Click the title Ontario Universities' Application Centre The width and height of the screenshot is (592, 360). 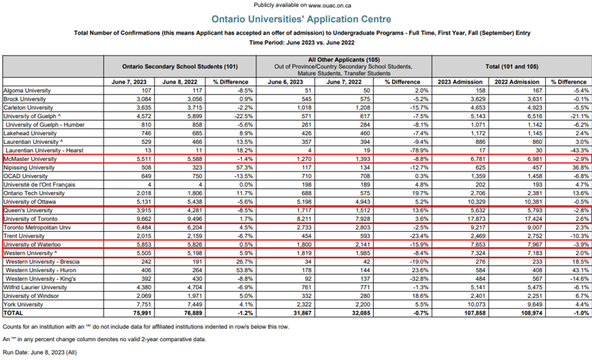[297, 19]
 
